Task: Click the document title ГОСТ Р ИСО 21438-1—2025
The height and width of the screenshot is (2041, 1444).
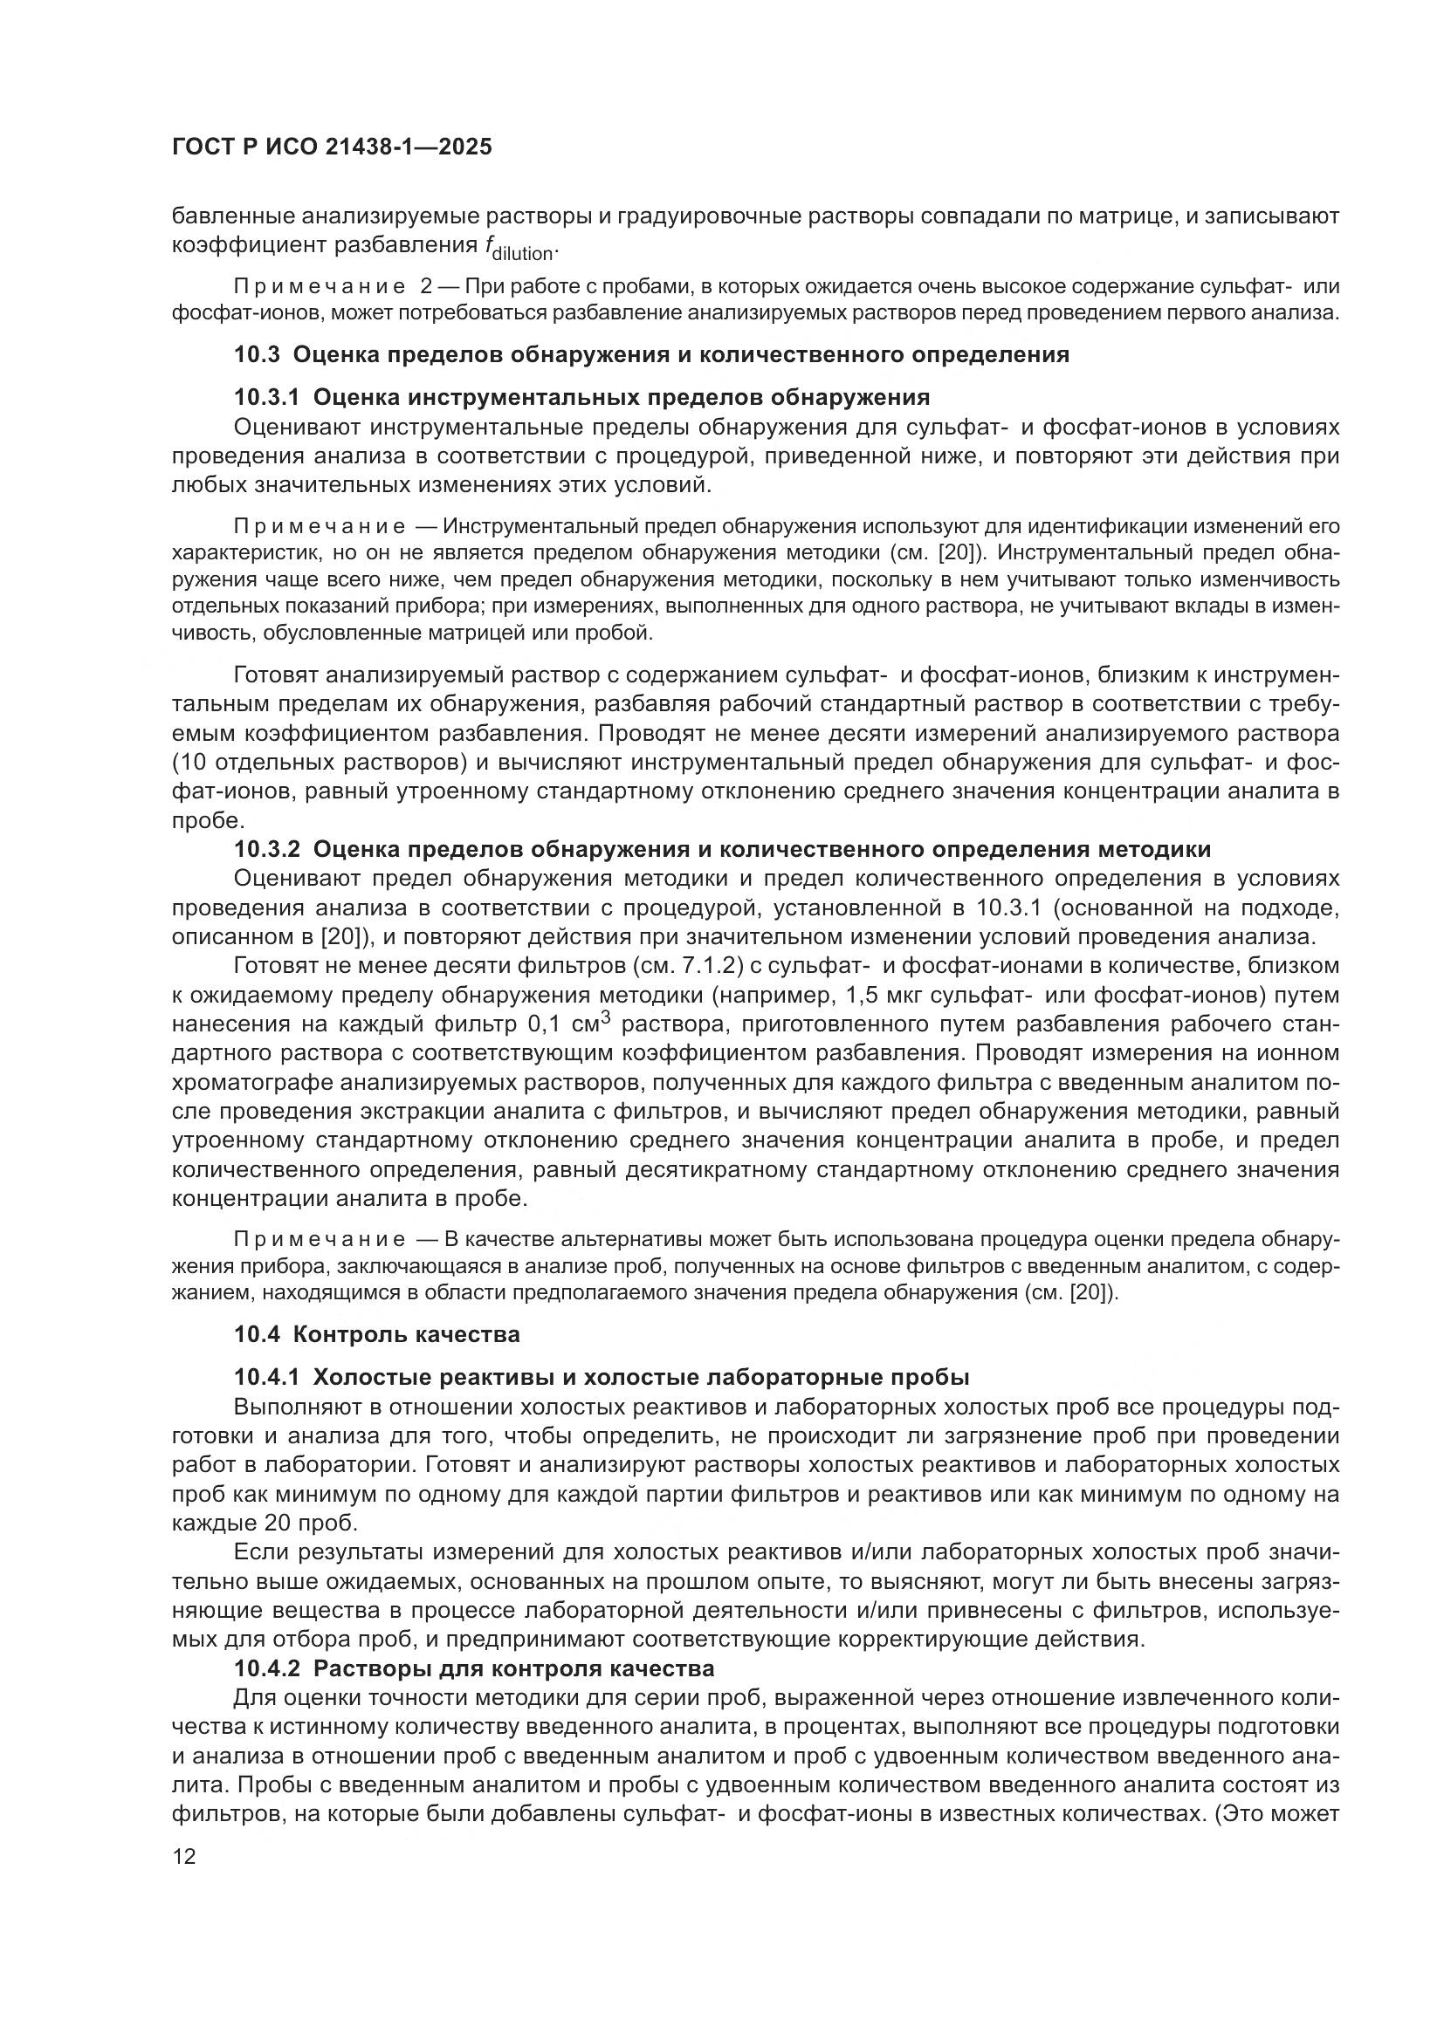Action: [x=331, y=147]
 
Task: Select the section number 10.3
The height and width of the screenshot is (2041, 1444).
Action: [x=257, y=354]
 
